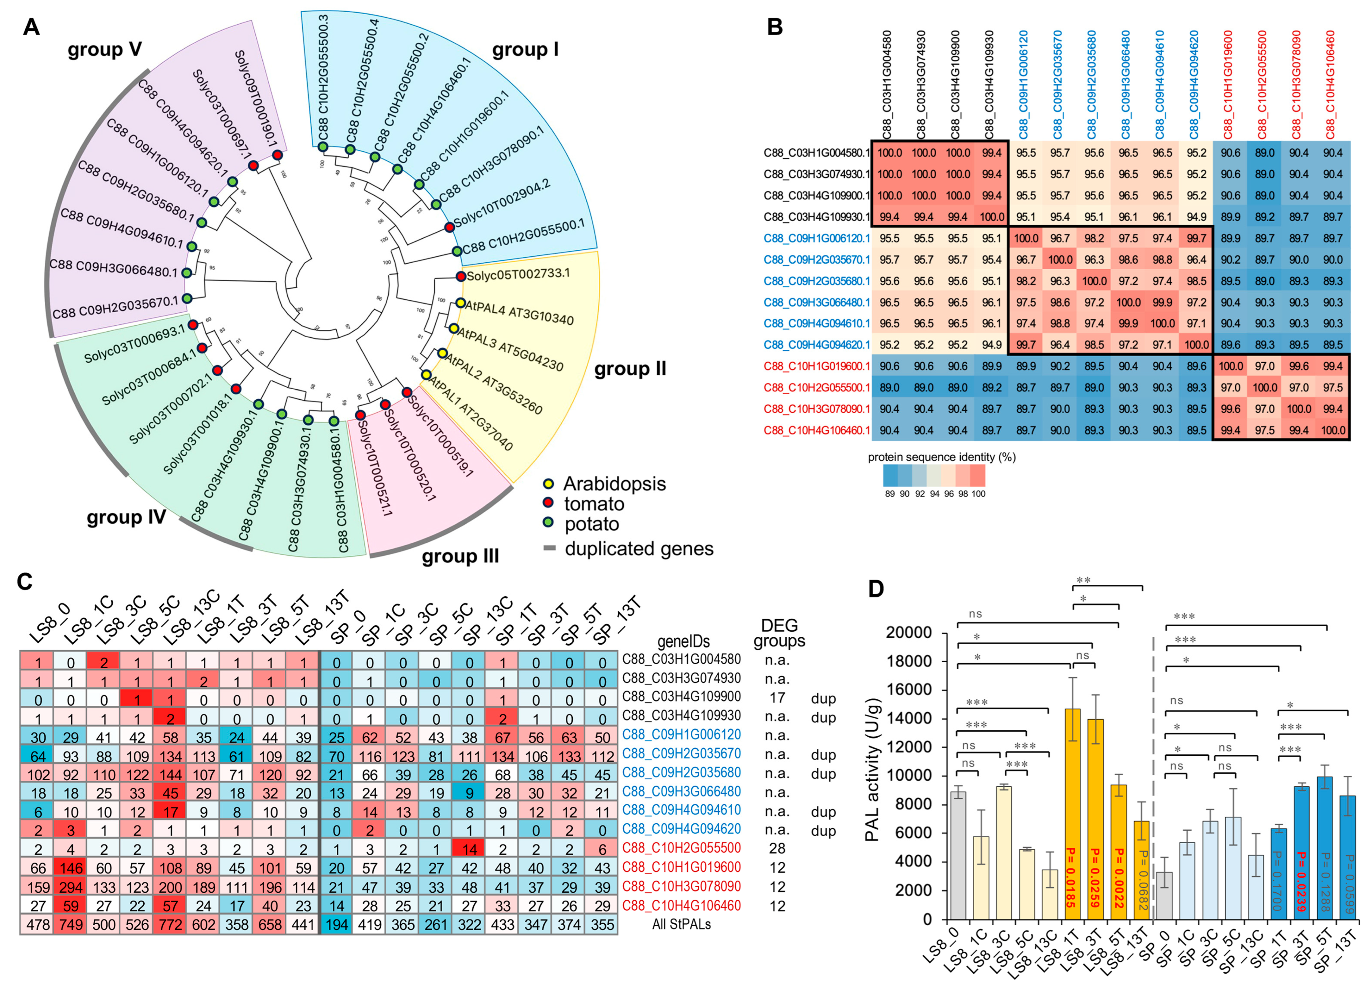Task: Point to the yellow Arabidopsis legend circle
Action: pos(548,484)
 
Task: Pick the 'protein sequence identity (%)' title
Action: pos(941,457)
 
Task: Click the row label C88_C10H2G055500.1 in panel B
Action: pos(817,388)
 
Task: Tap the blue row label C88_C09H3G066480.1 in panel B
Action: pos(817,302)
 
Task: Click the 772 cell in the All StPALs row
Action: pos(170,925)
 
